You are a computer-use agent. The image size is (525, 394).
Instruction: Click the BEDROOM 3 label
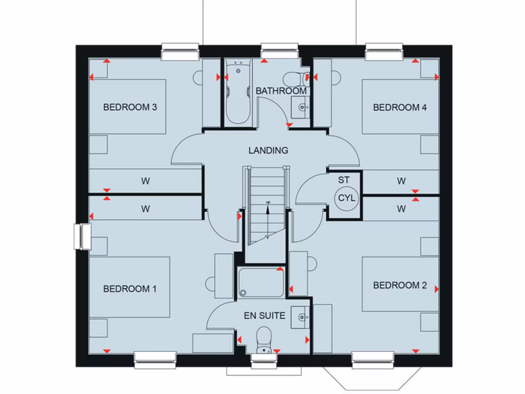[x=130, y=107]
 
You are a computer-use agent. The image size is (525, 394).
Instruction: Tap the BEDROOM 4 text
[x=400, y=107]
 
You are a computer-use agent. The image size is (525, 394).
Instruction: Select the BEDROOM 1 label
[x=130, y=289]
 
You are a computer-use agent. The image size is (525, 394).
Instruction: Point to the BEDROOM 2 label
[x=400, y=285]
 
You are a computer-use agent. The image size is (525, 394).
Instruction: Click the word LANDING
[x=268, y=150]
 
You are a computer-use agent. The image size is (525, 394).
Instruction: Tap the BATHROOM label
[x=281, y=91]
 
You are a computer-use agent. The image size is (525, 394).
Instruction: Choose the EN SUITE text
[x=265, y=316]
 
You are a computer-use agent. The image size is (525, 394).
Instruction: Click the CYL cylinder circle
[x=344, y=198]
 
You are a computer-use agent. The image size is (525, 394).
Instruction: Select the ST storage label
[x=344, y=180]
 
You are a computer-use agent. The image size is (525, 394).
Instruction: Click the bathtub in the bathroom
[x=237, y=92]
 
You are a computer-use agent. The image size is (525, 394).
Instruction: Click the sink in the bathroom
[x=302, y=107]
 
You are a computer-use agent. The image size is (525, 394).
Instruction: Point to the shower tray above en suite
[x=261, y=282]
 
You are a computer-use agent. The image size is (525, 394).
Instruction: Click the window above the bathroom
[x=279, y=51]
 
